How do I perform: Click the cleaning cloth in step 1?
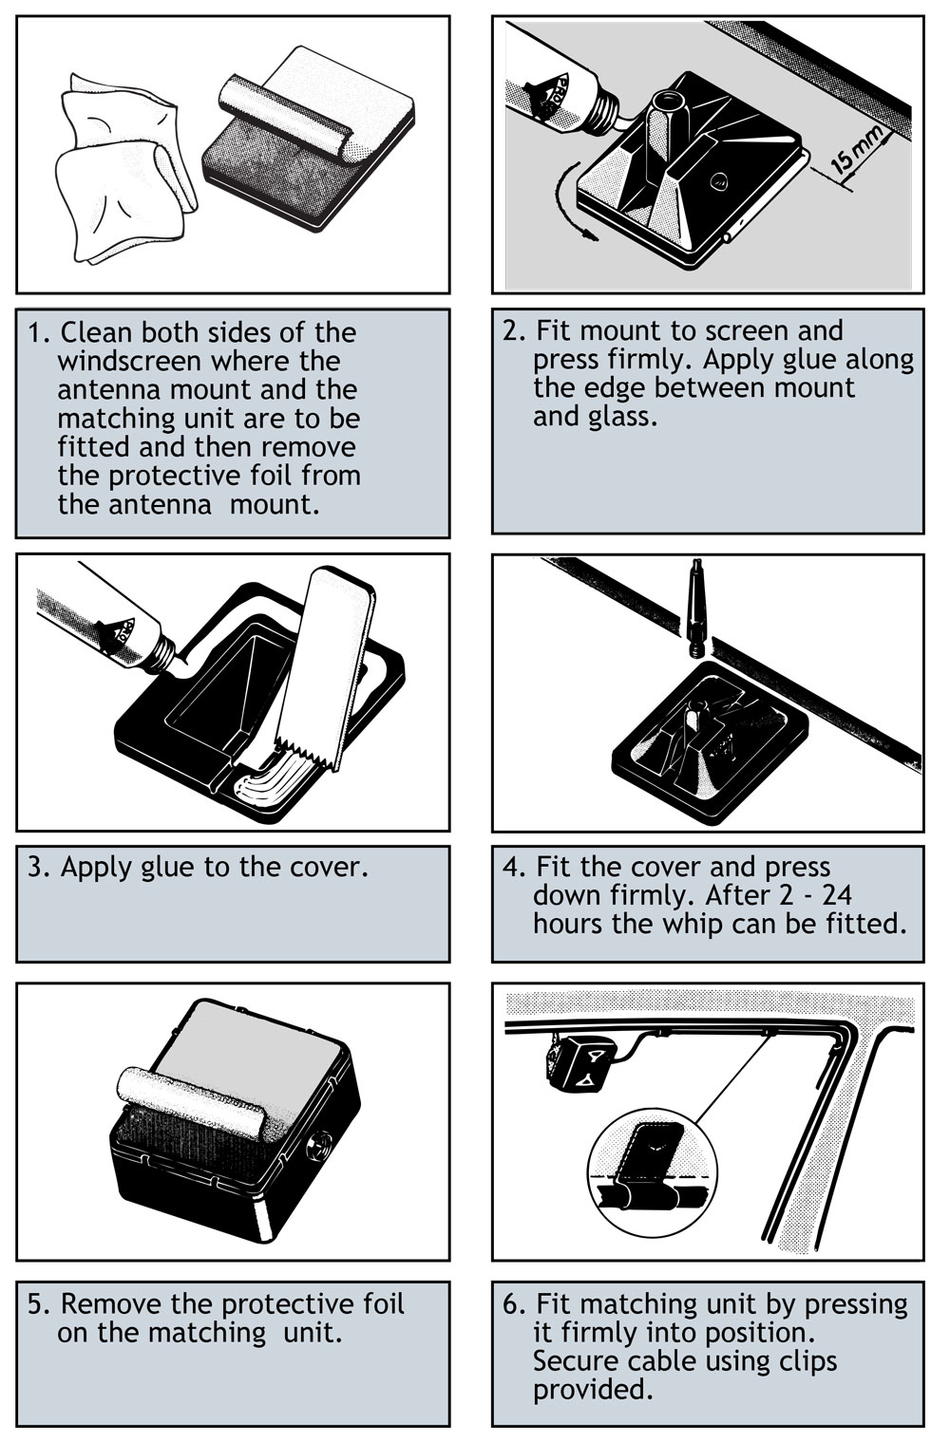pos(125,169)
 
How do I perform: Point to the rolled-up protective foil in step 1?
pos(287,114)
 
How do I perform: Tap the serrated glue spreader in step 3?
pos(325,669)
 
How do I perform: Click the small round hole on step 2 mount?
pos(719,181)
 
